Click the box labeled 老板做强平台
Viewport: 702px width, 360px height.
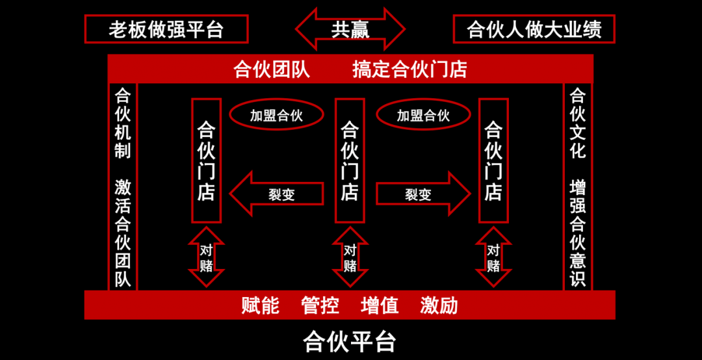(x=166, y=29)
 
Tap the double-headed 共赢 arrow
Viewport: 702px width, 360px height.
(x=350, y=29)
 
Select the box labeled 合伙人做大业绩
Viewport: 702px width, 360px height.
(x=534, y=29)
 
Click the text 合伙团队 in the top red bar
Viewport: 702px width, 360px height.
(x=272, y=70)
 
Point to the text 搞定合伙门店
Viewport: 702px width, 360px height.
(x=409, y=70)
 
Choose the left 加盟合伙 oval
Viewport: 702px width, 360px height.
(x=277, y=116)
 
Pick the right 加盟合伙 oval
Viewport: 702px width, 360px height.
(x=423, y=116)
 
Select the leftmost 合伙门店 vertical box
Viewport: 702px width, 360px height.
(x=206, y=161)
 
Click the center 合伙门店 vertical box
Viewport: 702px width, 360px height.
(x=350, y=161)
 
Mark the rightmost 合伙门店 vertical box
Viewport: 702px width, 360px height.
(x=493, y=161)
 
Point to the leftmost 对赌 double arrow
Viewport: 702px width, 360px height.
(x=206, y=257)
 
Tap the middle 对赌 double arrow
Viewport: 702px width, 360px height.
(x=350, y=257)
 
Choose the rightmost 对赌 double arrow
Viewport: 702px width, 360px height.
(x=493, y=257)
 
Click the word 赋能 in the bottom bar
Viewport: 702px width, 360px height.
(x=260, y=305)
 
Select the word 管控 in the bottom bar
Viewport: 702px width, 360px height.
(x=320, y=305)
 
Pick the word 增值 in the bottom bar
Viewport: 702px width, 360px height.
(x=380, y=305)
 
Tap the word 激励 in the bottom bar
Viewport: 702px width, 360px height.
(x=439, y=305)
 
